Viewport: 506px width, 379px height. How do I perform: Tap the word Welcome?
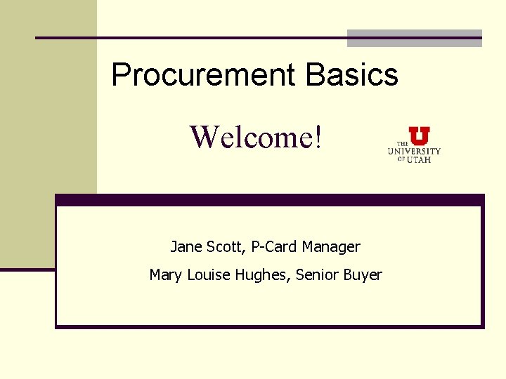(x=252, y=137)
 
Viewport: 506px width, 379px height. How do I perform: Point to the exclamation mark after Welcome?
(x=320, y=137)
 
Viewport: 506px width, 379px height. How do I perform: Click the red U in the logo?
(x=420, y=135)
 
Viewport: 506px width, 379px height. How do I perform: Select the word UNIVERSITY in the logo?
(x=415, y=151)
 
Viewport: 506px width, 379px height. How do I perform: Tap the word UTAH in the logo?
(x=419, y=159)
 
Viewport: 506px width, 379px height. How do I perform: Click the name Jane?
(x=185, y=247)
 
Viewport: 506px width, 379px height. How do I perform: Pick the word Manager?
(x=331, y=247)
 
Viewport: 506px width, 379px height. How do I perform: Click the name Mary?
(x=166, y=275)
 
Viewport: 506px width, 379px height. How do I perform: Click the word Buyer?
(x=363, y=275)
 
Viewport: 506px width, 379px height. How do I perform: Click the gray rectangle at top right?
(x=415, y=38)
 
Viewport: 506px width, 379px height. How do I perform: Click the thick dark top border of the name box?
(x=270, y=199)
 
